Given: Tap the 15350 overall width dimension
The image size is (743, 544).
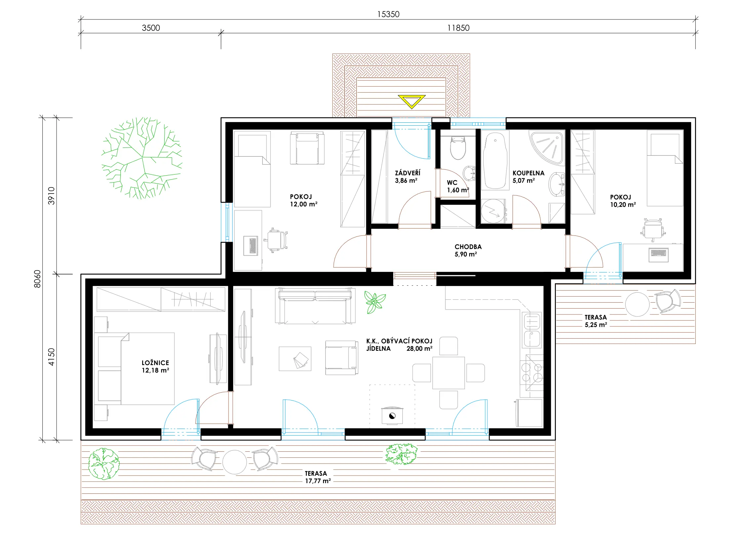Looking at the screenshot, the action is tap(388, 14).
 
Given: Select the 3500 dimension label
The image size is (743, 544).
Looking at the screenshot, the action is tap(151, 28).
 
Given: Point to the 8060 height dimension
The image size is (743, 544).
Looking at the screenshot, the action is tap(37, 279).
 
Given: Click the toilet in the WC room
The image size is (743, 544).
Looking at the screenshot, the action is tap(458, 148).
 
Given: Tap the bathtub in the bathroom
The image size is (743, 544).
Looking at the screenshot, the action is tap(495, 161).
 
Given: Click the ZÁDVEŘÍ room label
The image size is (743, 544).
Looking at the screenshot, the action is tap(407, 173).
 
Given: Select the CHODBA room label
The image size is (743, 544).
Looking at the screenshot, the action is tap(468, 247).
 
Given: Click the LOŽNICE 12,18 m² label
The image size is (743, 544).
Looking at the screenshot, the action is tap(155, 366).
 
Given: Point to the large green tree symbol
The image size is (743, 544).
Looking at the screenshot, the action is tap(142, 158).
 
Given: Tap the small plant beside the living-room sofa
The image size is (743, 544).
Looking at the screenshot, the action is tap(374, 302).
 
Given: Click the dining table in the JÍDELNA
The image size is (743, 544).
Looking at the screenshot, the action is tap(448, 373).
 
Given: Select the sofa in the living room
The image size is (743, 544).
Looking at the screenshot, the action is tap(315, 306).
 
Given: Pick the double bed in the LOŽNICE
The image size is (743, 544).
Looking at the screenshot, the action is tap(136, 369).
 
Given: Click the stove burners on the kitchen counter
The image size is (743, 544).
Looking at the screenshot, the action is tap(532, 372).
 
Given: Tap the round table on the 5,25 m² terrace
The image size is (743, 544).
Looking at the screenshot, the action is tap(637, 304).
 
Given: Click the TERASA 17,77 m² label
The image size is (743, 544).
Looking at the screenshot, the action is tap(317, 477).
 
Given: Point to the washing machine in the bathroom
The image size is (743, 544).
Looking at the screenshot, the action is tap(493, 211).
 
